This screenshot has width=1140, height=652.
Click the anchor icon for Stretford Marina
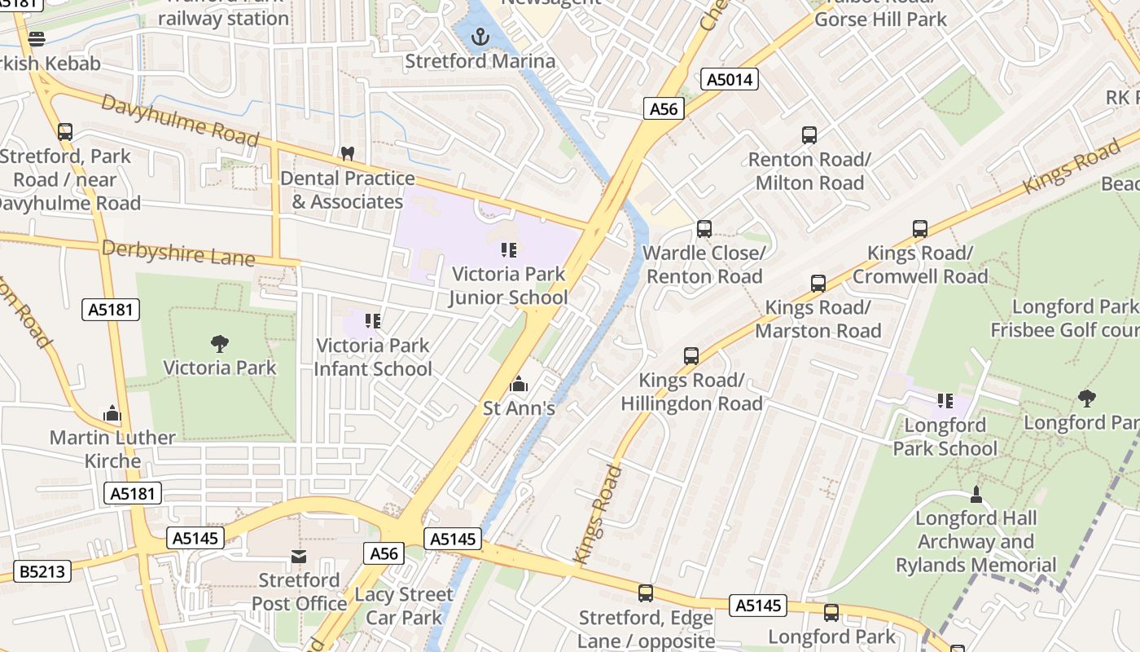click(x=480, y=37)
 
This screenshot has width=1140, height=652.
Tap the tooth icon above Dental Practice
click(x=348, y=153)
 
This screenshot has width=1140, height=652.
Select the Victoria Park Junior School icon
click(x=509, y=249)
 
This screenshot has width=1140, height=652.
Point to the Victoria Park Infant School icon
click(x=373, y=321)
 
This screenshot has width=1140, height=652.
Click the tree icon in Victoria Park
click(x=219, y=343)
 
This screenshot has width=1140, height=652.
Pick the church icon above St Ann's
click(x=519, y=383)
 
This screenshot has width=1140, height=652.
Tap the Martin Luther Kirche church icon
click(x=112, y=413)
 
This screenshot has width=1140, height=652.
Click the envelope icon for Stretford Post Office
click(x=299, y=557)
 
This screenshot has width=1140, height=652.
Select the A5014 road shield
click(x=730, y=79)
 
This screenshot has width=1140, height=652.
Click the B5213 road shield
click(x=42, y=571)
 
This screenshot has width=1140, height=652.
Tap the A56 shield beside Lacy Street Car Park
click(x=384, y=553)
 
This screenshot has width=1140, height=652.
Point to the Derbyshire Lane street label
click(x=178, y=253)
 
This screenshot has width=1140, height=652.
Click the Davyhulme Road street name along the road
click(x=180, y=120)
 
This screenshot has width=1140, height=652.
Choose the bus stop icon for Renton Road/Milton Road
click(x=809, y=135)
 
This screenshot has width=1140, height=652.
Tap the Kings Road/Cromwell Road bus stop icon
click(x=920, y=229)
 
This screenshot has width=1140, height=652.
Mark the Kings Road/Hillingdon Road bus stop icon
click(x=691, y=356)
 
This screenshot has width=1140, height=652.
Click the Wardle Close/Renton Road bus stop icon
click(x=704, y=229)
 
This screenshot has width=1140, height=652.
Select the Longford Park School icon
click(x=945, y=400)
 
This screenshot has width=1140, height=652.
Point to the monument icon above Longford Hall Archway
click(x=976, y=494)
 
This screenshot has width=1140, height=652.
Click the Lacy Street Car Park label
click(x=405, y=606)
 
